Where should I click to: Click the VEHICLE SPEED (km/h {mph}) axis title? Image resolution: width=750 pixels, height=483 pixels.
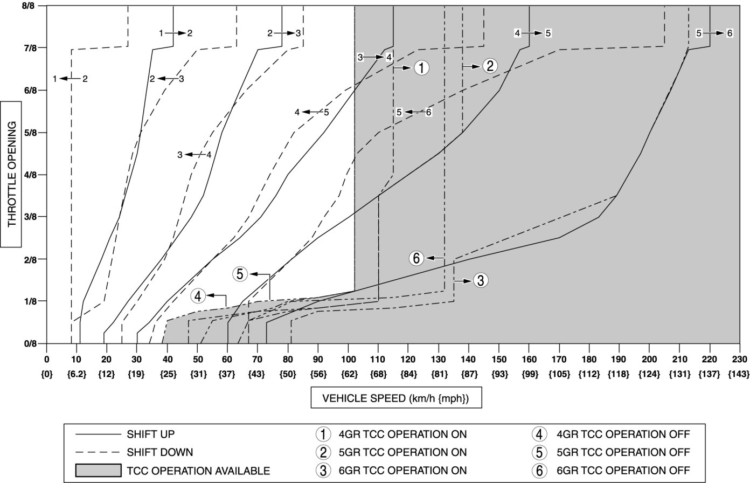pyautogui.click(x=395, y=398)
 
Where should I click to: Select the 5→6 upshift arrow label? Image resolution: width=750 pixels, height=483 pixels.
pyautogui.click(x=714, y=33)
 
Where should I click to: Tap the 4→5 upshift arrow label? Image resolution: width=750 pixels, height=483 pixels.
pyautogui.click(x=532, y=33)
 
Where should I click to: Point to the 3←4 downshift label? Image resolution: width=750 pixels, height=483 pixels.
pyautogui.click(x=194, y=155)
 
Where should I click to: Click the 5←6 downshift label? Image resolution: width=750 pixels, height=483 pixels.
pyautogui.click(x=414, y=112)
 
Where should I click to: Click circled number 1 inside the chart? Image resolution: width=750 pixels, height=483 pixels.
pyautogui.click(x=421, y=67)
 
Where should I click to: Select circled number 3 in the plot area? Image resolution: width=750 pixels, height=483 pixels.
pyautogui.click(x=481, y=280)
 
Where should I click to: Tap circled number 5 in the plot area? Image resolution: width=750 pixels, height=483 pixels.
pyautogui.click(x=240, y=274)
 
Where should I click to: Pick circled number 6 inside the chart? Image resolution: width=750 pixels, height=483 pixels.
pyautogui.click(x=416, y=258)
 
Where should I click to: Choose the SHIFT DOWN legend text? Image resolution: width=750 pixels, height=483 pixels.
pyautogui.click(x=160, y=452)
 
